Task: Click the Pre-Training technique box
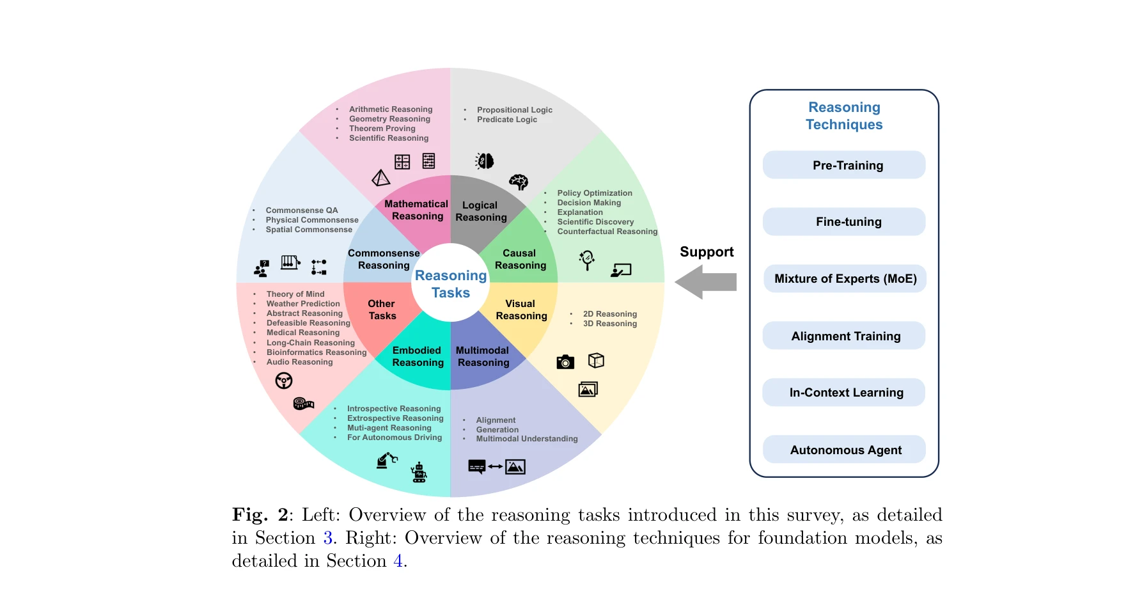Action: [844, 165]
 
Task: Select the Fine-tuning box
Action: [844, 222]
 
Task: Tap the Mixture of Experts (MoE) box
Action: [845, 279]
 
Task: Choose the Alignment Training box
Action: [844, 336]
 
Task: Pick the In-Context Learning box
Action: [844, 393]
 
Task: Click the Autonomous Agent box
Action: [844, 450]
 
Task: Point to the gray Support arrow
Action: [707, 281]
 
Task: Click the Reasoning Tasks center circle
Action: [451, 284]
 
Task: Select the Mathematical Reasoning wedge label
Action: [416, 210]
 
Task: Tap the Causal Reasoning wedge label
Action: [520, 259]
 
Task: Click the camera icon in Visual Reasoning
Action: [565, 362]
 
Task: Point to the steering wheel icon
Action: [284, 381]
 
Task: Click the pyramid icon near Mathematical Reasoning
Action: [381, 178]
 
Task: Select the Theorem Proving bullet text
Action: [382, 129]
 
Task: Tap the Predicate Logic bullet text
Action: [506, 120]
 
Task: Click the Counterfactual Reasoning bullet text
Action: [607, 232]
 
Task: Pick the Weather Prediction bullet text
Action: [303, 304]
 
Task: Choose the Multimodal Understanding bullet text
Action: [526, 439]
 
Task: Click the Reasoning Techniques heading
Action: [844, 116]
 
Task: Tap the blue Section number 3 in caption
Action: [328, 538]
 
